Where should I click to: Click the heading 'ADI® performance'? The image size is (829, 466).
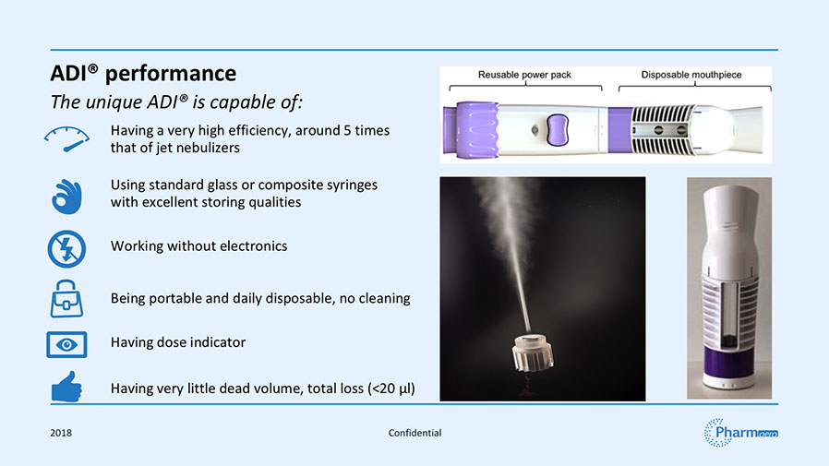click(143, 74)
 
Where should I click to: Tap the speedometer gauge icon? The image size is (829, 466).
click(66, 139)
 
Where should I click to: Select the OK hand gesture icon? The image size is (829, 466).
click(67, 197)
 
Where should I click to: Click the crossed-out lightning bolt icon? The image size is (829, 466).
click(66, 249)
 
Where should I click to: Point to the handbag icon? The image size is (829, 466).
click(66, 298)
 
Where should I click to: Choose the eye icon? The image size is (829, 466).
click(66, 344)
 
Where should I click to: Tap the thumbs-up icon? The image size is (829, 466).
click(66, 387)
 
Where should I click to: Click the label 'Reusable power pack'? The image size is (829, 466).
click(524, 75)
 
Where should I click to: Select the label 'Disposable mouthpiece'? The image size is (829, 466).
click(691, 75)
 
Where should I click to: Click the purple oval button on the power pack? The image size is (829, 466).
click(557, 130)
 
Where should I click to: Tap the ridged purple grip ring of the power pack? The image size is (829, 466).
click(477, 130)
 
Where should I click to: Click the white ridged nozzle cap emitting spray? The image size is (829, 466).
click(533, 354)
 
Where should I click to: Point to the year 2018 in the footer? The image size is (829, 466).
click(61, 433)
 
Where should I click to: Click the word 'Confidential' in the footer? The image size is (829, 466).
click(415, 433)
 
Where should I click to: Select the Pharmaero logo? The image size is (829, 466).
click(740, 433)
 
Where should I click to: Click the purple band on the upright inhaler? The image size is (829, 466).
click(729, 361)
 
